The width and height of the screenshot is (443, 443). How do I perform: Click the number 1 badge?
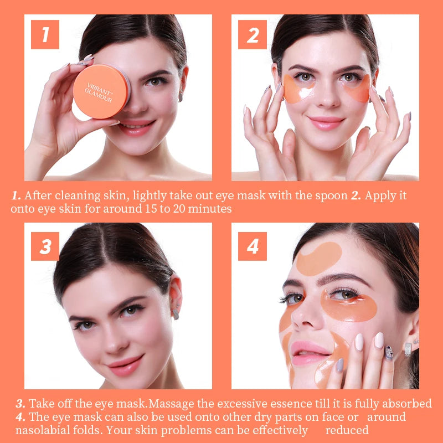(x=45, y=34)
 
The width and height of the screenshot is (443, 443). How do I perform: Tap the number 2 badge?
(x=253, y=34)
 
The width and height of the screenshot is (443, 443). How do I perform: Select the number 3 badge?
(x=45, y=246)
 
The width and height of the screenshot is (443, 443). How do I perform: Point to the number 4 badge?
(x=253, y=246)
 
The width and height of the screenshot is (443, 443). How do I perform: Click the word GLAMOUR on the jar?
(x=99, y=96)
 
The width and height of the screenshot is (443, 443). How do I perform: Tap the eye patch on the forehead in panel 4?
(x=319, y=259)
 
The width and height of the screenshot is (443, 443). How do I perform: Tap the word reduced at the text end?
(x=347, y=430)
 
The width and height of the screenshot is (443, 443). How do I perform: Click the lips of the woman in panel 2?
(x=326, y=123)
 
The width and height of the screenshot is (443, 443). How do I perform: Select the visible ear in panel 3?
(x=175, y=294)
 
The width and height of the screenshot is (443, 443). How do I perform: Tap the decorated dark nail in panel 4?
(x=389, y=353)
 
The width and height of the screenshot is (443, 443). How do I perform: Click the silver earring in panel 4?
(x=408, y=349)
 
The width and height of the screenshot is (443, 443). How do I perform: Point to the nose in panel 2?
(x=327, y=97)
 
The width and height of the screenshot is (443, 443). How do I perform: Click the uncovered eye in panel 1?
(x=155, y=82)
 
